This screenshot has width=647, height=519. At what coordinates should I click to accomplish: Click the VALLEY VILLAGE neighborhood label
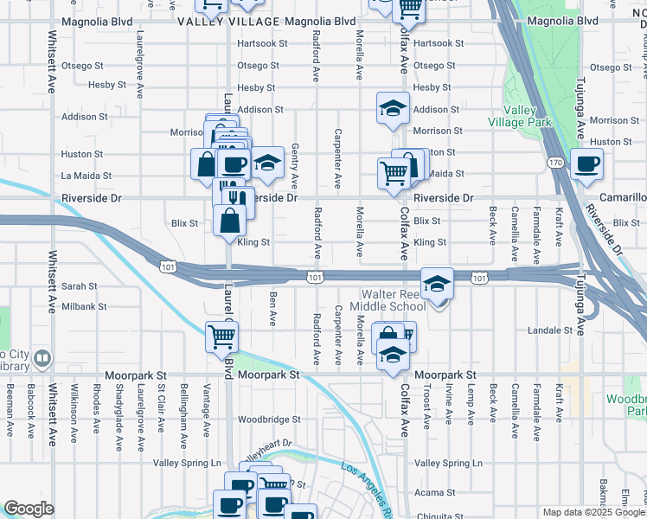228,22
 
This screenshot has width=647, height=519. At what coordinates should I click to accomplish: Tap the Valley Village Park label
528,117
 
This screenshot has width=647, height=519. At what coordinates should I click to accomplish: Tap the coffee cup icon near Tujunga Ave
587,163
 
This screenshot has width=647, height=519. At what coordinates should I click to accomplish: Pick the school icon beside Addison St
393,108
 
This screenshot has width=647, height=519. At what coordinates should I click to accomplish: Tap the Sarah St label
79,286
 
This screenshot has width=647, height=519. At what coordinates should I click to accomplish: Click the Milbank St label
83,306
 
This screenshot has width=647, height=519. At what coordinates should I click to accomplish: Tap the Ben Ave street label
272,307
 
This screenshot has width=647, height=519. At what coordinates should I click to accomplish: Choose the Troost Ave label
427,405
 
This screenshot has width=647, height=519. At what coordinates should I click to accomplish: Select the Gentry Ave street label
295,167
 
